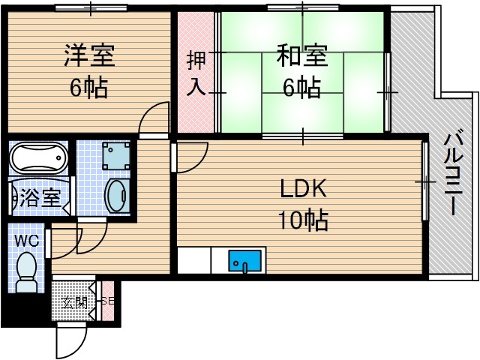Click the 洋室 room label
tap(89, 56)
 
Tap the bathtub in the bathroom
tap(39, 157)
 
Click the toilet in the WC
tap(26, 271)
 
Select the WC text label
tap(27, 240)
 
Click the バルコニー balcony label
tap(453, 173)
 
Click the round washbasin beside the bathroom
tap(115, 196)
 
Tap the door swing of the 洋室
tap(154, 118)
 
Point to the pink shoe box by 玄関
tap(107, 301)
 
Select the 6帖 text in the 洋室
tap(88, 88)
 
